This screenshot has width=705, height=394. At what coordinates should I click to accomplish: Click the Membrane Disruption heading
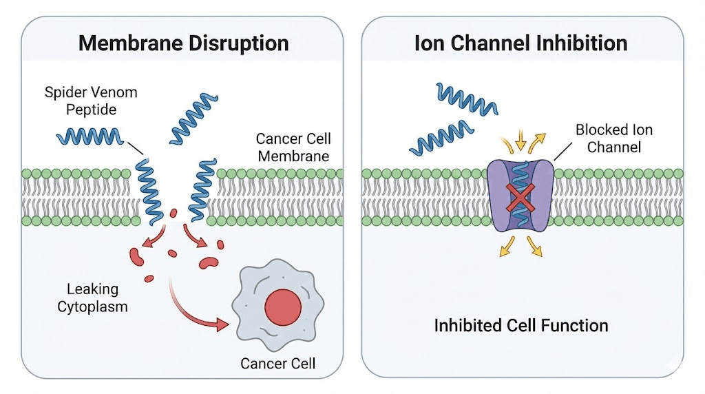pos(182,43)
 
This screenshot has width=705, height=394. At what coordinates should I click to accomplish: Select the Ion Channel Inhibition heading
pos(520,43)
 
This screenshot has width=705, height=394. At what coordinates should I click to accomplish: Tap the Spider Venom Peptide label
pos(81,101)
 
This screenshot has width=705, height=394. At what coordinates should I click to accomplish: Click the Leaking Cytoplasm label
pos(97,298)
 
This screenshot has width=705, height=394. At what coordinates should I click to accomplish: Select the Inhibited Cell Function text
pos(520,325)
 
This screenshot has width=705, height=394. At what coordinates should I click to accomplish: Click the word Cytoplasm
pos(97,307)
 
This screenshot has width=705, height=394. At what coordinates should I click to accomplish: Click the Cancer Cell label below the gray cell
pos(277,362)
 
